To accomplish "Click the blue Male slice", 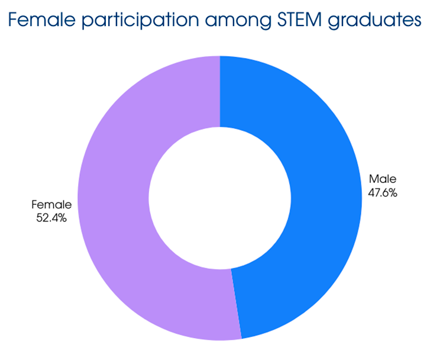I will tap(308, 195).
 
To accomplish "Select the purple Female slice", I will tap(118, 201).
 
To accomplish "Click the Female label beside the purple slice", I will tap(51, 205).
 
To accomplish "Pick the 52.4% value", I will tap(51, 218).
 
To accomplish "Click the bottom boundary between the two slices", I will tap(236, 304).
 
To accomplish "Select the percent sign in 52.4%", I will tap(62, 218).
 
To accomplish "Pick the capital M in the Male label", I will tap(373, 179).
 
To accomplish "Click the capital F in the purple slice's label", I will tap(35, 205).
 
